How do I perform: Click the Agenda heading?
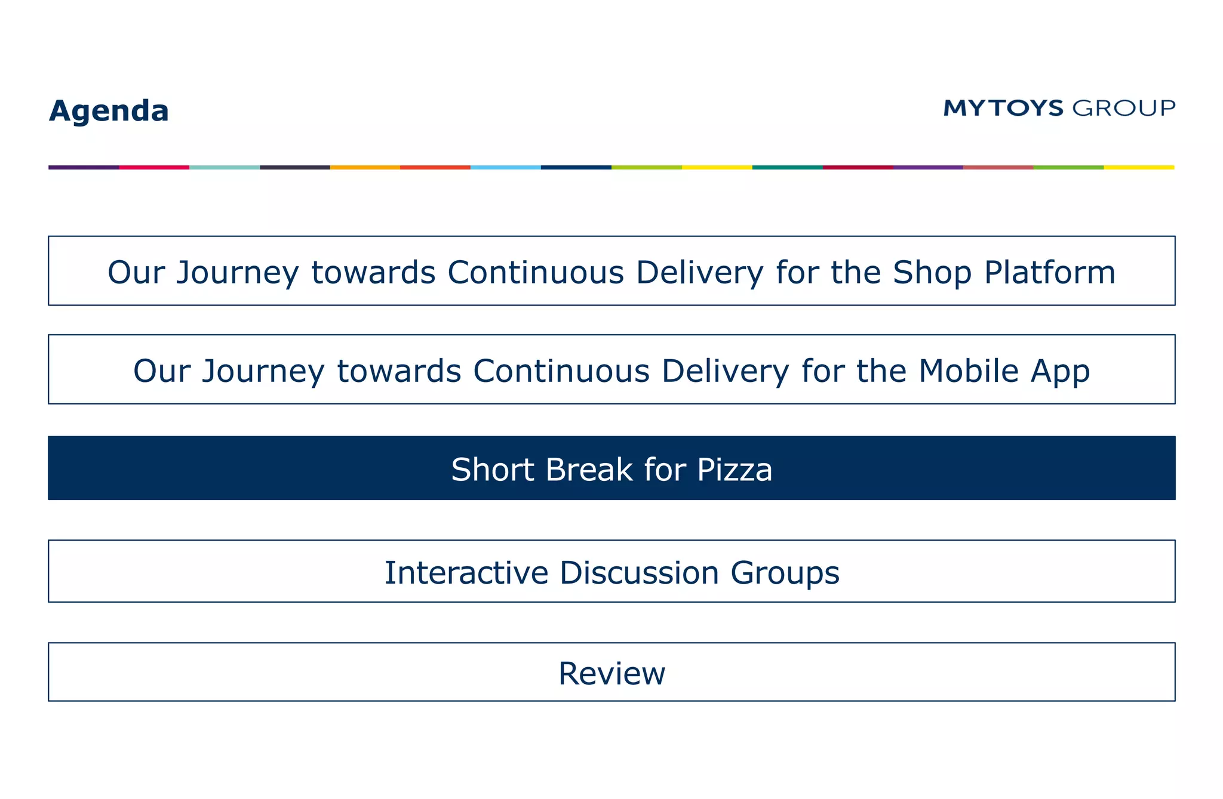pos(109,111)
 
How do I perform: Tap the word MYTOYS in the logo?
pos(1003,108)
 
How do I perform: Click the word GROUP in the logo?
pos(1124,108)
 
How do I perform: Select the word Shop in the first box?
pos(932,272)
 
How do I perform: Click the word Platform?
pos(1049,272)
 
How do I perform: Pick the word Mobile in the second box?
pos(968,371)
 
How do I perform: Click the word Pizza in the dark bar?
pos(735,470)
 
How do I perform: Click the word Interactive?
pos(466,573)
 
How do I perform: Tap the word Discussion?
pos(639,573)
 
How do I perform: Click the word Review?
pos(611,673)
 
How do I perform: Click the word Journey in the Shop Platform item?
pos(237,273)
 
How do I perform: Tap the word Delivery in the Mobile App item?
pos(725,371)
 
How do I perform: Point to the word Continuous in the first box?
pos(534,272)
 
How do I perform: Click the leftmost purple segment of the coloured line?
pos(84,168)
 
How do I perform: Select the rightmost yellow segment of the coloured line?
pos(1139,168)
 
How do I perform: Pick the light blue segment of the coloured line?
pos(506,168)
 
